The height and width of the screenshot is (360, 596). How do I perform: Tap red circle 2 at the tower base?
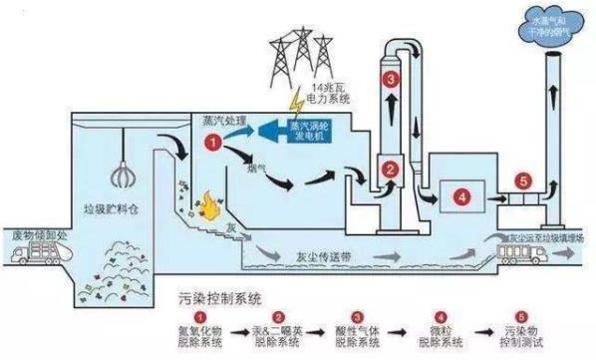(x=391, y=169)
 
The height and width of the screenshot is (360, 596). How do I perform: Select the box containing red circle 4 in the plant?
(x=460, y=196)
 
